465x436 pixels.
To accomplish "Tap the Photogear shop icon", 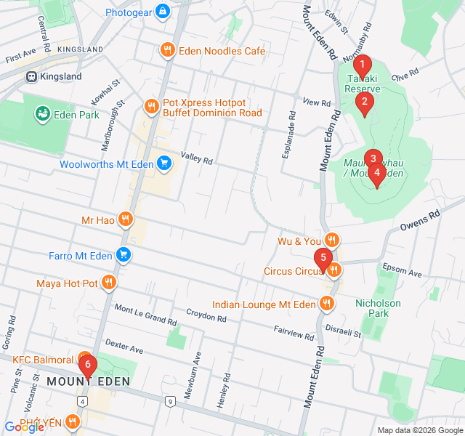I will [x=162, y=12].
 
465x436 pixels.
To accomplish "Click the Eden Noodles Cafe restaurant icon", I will [x=167, y=50].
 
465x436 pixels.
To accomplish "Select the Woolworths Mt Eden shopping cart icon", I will [x=165, y=163].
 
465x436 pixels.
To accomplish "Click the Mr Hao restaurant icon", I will [x=126, y=219].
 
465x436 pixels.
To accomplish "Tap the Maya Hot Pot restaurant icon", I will [x=109, y=282].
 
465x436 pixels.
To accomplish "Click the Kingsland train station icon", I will [x=31, y=76].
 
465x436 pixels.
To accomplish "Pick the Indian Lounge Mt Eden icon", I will [x=328, y=304].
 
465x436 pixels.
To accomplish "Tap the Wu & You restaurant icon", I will [x=331, y=240].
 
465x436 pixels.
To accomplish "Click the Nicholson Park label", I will [x=378, y=308].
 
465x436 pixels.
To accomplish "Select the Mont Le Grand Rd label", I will [x=145, y=314].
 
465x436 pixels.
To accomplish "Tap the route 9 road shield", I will [x=170, y=400].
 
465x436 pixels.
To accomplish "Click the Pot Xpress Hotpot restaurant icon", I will [x=151, y=107].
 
